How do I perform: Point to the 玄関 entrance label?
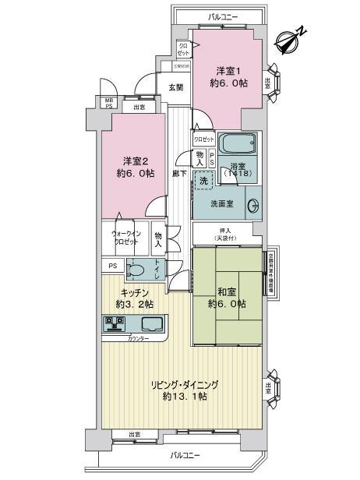click(175, 87)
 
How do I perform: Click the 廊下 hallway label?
click(179, 173)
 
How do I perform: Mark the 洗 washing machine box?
click(203, 181)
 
